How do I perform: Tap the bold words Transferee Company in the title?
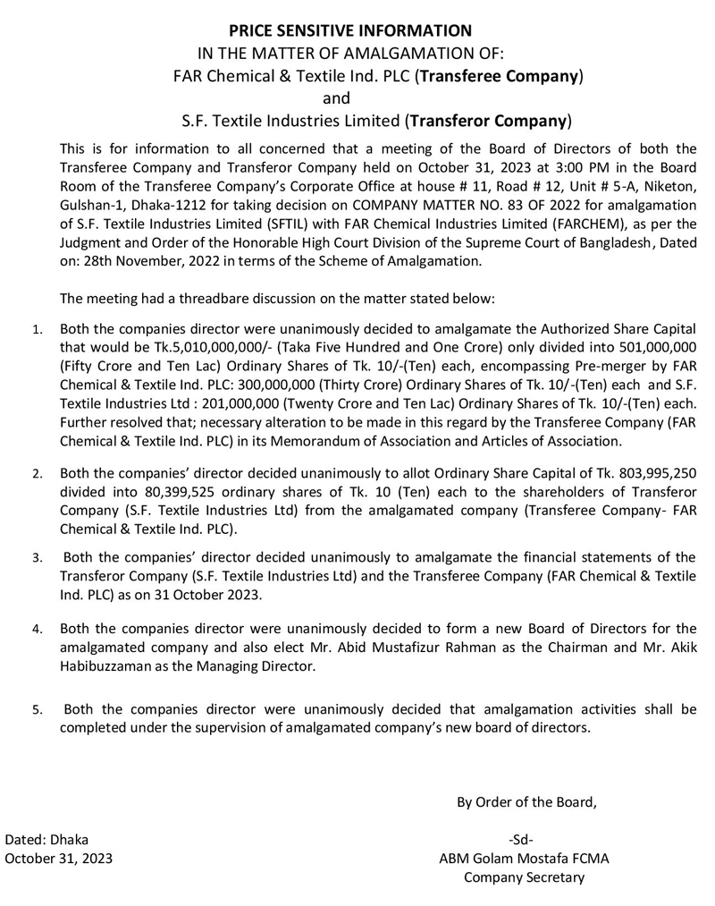coord(499,76)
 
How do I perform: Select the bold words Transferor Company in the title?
coord(488,119)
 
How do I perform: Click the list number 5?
coord(37,712)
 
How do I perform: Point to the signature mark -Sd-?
coord(520,840)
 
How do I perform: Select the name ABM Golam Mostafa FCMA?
coord(523,859)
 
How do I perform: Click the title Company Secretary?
coord(524,877)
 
